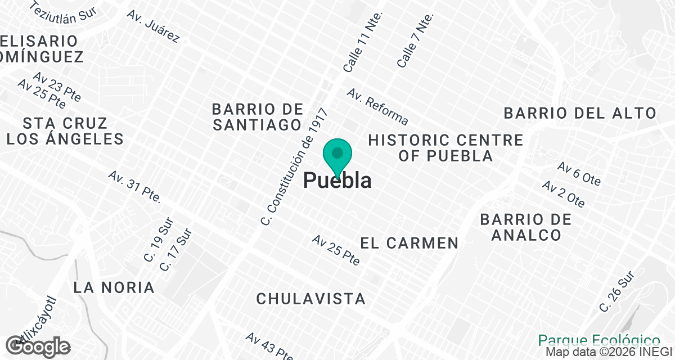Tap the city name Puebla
pos(337,181)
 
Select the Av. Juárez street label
pos(153,26)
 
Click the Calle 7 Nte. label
pos(416,40)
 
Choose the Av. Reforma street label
pos(377,106)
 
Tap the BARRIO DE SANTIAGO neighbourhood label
pos(258,116)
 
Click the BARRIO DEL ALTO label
pos(580,113)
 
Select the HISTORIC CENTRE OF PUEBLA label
pos(445,147)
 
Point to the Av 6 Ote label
pos(579,174)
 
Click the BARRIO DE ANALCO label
pos(526,227)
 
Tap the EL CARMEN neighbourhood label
pos(409,243)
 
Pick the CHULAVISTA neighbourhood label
pos(311,299)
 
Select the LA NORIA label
pos(114,287)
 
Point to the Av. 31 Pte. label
pos(135,187)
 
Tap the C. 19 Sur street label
pos(158,243)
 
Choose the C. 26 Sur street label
pos(616,291)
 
